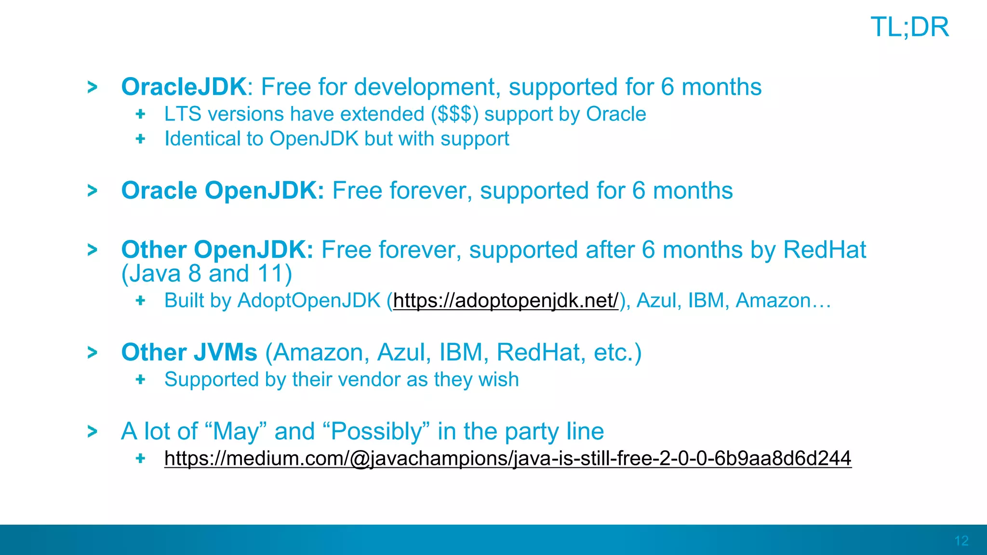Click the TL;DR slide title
tap(909, 27)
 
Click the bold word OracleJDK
tap(184, 87)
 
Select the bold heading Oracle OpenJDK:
tap(223, 191)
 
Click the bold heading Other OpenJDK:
tap(217, 250)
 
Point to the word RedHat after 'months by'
tap(824, 250)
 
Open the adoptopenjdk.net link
tap(506, 301)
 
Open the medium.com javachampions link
tap(507, 458)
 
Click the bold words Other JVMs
tap(189, 353)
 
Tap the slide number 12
tap(961, 541)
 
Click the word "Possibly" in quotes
tap(380, 431)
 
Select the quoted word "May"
tap(236, 431)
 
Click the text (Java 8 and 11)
tap(207, 274)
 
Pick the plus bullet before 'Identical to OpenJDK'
tap(140, 139)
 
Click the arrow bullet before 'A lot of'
tap(92, 431)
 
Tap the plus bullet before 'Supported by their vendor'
tap(140, 380)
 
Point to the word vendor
tap(370, 380)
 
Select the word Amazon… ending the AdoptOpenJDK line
tap(783, 301)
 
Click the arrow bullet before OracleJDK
tap(92, 87)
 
